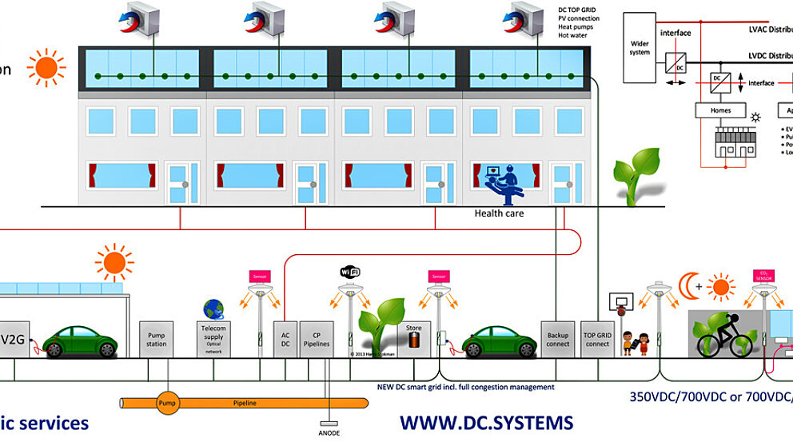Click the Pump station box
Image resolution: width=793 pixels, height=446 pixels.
tap(157, 339)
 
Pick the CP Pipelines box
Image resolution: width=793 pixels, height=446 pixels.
tap(316, 339)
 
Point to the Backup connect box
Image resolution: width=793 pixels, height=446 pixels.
tap(558, 339)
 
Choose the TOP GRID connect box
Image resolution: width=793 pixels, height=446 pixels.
tap(596, 339)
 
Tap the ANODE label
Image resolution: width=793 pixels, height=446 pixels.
tap(329, 433)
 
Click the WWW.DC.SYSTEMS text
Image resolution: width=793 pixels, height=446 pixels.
tap(486, 422)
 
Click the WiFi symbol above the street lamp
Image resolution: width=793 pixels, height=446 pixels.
tap(350, 273)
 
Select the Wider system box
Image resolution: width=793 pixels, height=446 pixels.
tap(640, 47)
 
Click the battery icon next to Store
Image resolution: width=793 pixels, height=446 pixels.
tap(414, 340)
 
